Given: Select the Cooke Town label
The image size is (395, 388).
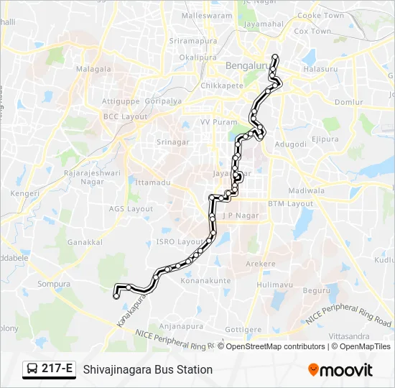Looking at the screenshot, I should (320, 15).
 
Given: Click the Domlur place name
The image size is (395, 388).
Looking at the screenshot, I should (349, 103).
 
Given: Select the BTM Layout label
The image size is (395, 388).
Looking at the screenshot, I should (291, 203).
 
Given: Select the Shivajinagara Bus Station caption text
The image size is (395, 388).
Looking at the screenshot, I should (148, 369).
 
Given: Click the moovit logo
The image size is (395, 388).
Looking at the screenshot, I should (340, 370).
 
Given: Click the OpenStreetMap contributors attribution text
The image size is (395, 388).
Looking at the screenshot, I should (274, 346).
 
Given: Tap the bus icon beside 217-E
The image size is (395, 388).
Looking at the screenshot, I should (32, 369).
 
